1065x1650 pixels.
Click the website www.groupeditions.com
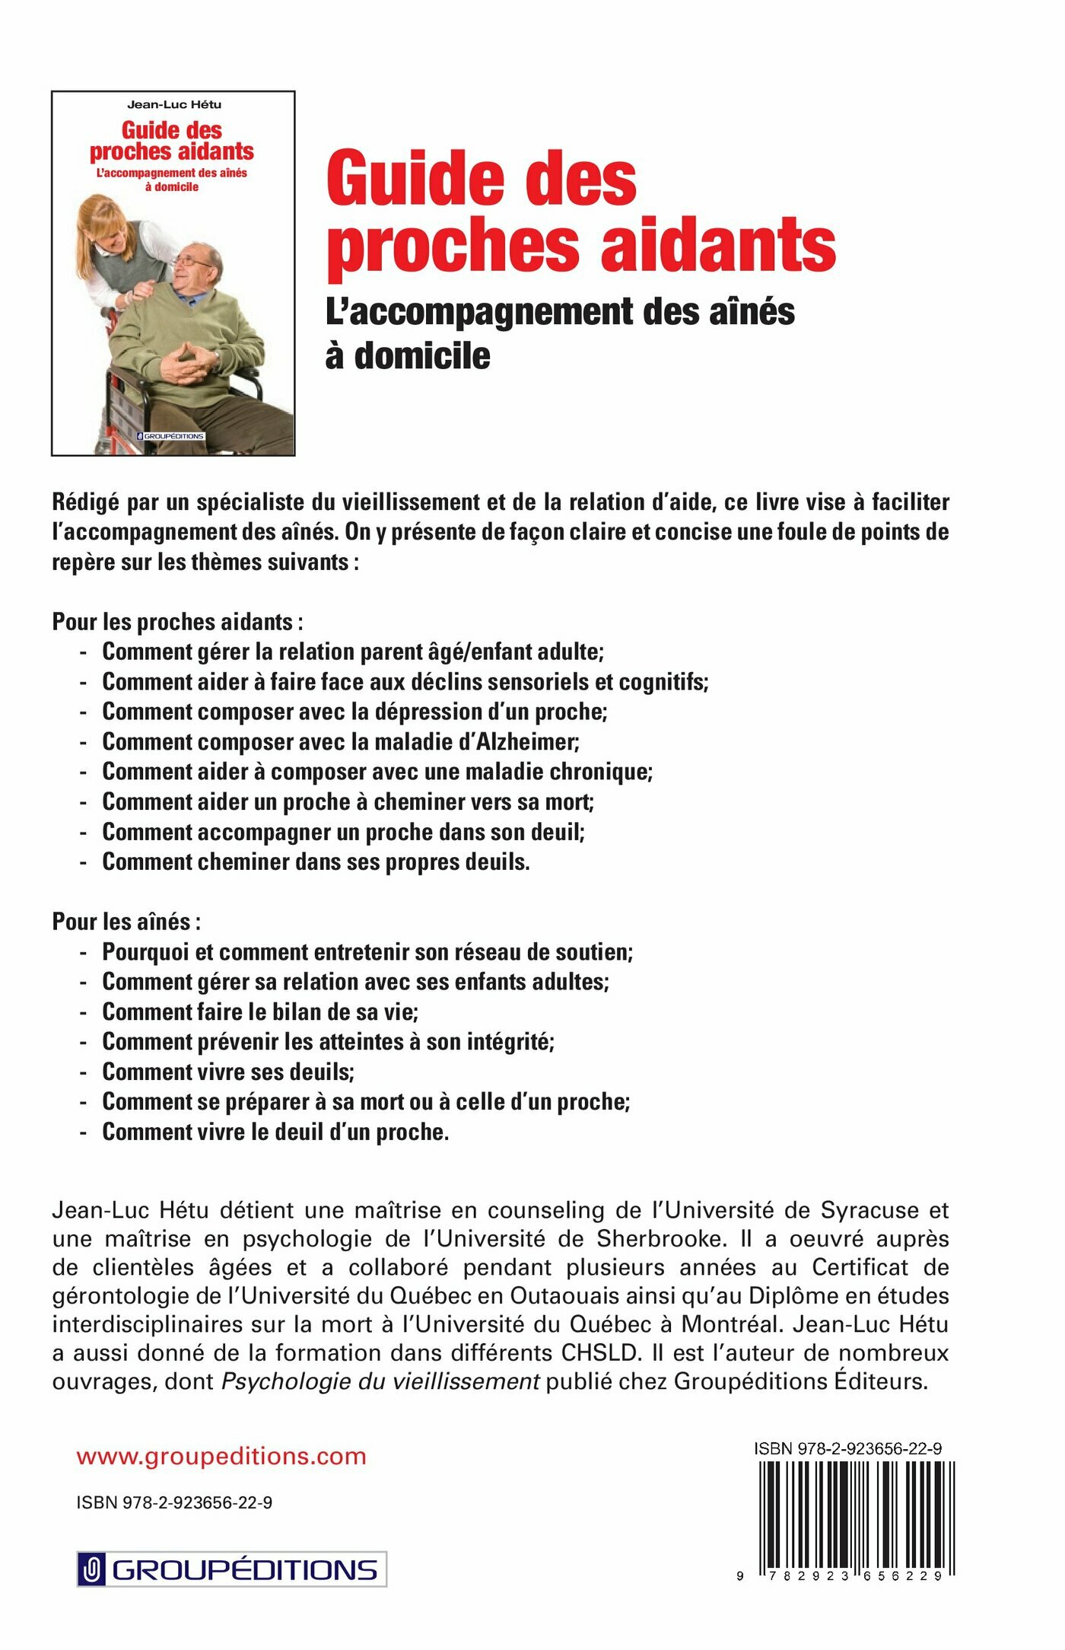point(221,1456)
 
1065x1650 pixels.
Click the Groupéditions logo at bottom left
point(232,1569)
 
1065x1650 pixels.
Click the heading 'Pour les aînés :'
point(126,922)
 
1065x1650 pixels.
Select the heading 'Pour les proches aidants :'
point(177,622)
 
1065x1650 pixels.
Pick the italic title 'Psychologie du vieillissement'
point(380,1381)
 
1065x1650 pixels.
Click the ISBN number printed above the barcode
point(847,1448)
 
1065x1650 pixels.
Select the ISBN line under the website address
point(174,1502)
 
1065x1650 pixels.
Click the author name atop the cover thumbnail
point(174,104)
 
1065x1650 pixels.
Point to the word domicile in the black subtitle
point(422,355)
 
